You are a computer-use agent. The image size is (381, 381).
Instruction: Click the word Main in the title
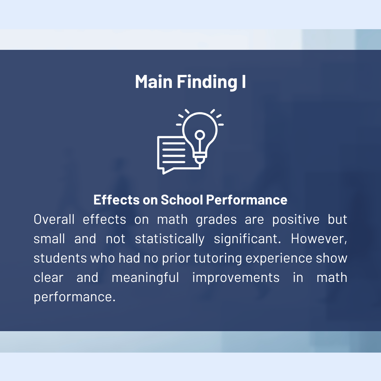pyautogui.click(x=154, y=82)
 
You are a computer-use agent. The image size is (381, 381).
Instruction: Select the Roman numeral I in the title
pyautogui.click(x=244, y=82)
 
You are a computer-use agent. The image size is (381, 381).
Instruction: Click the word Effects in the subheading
pyautogui.click(x=117, y=199)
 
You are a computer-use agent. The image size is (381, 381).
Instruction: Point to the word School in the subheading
pyautogui.click(x=182, y=199)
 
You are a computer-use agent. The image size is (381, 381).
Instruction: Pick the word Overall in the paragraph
pyautogui.click(x=54, y=219)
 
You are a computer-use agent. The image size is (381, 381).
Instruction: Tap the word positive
pyautogui.click(x=296, y=220)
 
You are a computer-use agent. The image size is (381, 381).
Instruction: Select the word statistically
pyautogui.click(x=170, y=239)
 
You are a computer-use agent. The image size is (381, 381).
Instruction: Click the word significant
pyautogui.click(x=247, y=239)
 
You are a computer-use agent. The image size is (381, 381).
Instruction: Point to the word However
pyautogui.click(x=319, y=239)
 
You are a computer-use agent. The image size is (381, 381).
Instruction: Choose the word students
pyautogui.click(x=60, y=258)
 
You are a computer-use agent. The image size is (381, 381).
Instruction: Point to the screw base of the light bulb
pyautogui.click(x=200, y=158)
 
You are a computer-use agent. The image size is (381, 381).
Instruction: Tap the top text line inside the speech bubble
pyautogui.click(x=174, y=143)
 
